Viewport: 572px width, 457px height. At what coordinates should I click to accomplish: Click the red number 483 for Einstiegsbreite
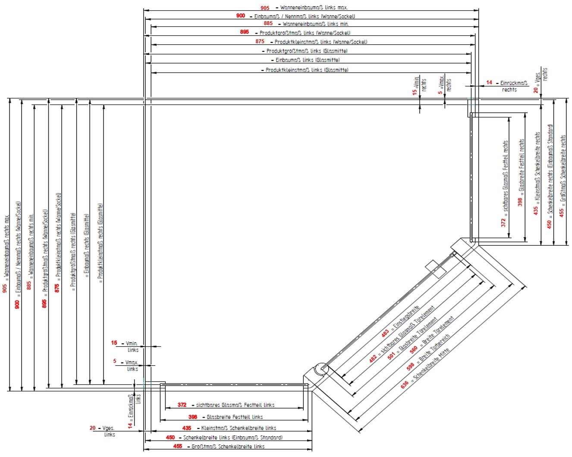click(385, 333)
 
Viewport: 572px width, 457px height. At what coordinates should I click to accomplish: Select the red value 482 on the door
click(373, 359)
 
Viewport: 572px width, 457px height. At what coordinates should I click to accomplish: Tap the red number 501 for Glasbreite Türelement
click(391, 355)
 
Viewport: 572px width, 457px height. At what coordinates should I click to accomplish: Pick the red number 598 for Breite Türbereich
click(410, 366)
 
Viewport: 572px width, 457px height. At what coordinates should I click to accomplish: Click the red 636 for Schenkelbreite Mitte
click(405, 384)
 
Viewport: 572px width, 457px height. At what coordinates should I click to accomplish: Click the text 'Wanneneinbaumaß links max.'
click(314, 7)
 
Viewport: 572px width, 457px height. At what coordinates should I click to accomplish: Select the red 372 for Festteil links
click(182, 405)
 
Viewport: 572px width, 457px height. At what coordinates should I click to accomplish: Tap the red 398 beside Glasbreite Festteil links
click(193, 417)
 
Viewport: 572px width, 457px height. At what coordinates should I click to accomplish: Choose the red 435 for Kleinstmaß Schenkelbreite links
click(187, 428)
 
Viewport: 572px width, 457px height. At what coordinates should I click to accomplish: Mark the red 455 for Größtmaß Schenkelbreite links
click(178, 446)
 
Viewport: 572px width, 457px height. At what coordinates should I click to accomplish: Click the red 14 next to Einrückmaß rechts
click(489, 83)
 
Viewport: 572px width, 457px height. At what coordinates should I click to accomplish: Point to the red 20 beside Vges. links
click(93, 428)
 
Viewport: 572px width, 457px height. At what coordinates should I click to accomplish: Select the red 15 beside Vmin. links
click(114, 343)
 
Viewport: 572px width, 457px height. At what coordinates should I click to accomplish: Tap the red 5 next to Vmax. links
click(115, 361)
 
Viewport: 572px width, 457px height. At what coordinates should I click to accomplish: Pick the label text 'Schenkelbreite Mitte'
click(431, 365)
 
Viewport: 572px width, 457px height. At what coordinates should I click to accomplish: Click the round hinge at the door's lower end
click(321, 370)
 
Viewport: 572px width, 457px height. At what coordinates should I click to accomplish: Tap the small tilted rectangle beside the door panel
click(435, 269)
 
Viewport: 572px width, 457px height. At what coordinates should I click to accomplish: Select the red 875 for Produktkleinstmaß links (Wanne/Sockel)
click(260, 41)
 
